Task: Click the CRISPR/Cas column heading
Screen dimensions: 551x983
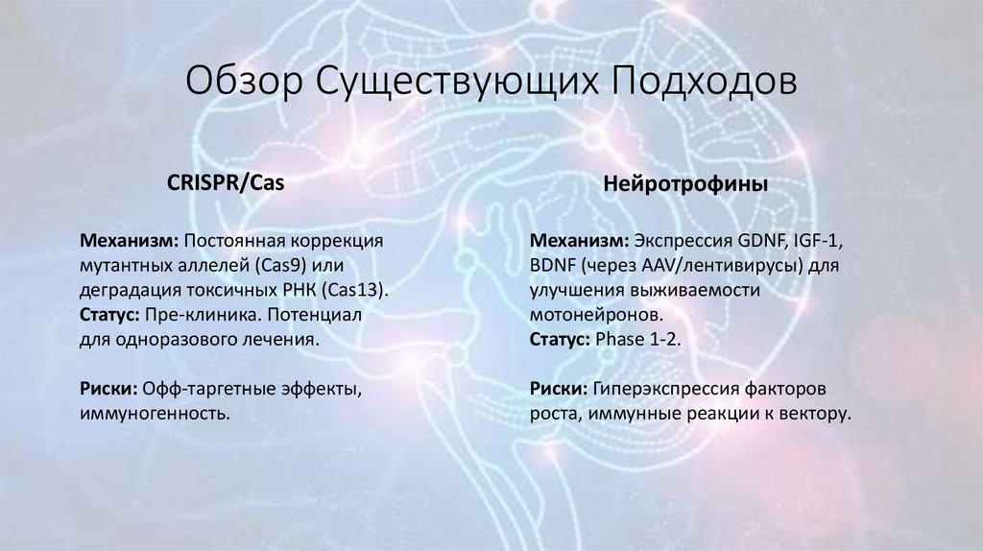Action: click(x=227, y=182)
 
